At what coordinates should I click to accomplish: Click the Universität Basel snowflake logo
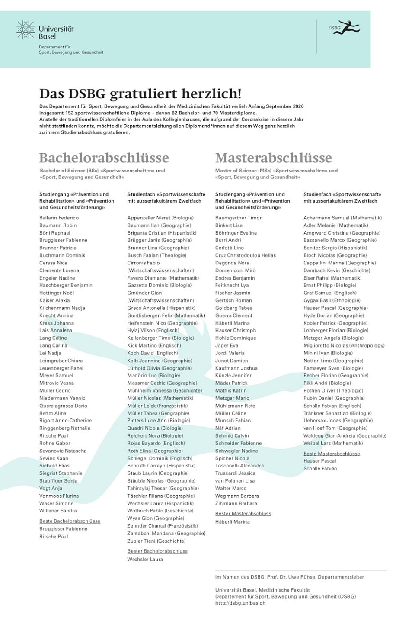point(26,30)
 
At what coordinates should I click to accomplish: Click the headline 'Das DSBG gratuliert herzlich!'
point(140,93)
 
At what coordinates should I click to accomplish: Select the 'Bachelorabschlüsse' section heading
point(104,158)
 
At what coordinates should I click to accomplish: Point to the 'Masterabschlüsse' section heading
point(273,158)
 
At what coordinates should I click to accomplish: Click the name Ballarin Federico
point(59,218)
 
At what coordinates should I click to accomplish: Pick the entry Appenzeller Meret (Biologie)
point(160,218)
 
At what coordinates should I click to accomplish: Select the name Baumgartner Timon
point(239,218)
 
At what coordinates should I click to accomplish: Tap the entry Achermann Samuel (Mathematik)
point(342,218)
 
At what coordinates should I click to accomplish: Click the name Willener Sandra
point(58,511)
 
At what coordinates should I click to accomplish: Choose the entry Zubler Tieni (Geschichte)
point(156,541)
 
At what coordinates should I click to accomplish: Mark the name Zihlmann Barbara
point(236,503)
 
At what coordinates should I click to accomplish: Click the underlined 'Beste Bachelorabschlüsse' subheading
point(70,521)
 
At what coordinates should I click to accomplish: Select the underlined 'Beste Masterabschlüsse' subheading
point(332,454)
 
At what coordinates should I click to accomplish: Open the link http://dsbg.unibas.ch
point(240,603)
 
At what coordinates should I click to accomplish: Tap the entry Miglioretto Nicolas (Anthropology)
point(344,345)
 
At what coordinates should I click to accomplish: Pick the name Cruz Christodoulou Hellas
point(245,255)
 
